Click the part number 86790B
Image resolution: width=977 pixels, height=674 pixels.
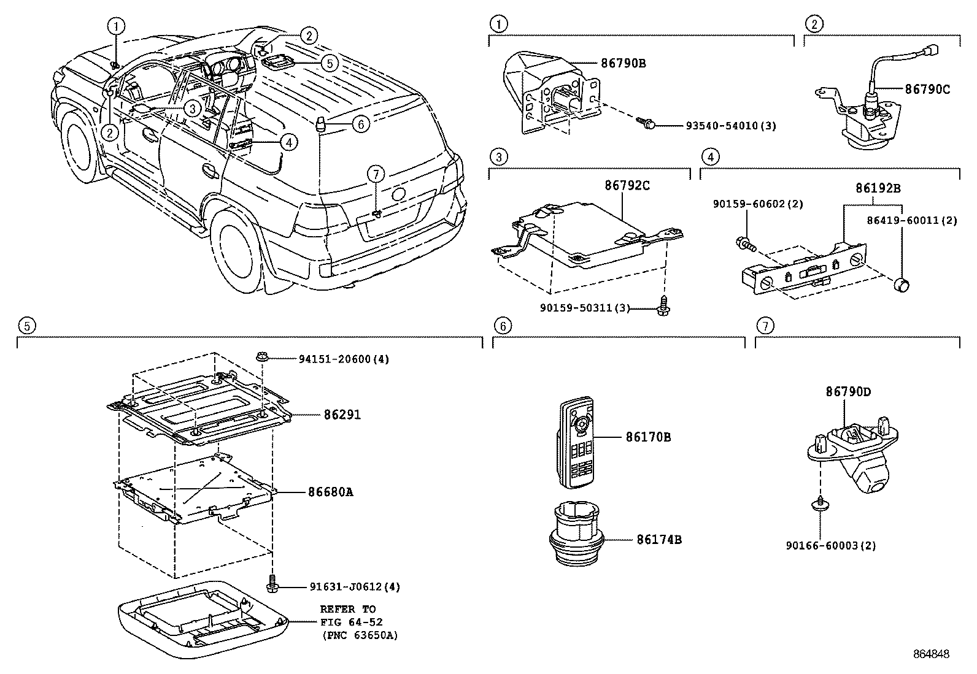pyautogui.click(x=623, y=63)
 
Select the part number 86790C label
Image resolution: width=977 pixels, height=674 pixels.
pyautogui.click(x=927, y=90)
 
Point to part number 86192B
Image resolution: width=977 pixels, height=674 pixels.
pyautogui.click(x=878, y=189)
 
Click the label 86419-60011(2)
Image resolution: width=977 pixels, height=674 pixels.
pyautogui.click(x=912, y=220)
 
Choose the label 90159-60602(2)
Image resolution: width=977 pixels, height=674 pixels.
pyautogui.click(x=758, y=204)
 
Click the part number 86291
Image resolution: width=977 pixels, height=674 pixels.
pyautogui.click(x=342, y=415)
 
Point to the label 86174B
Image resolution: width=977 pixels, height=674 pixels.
pyautogui.click(x=659, y=540)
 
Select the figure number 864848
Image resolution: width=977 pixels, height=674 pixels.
pyautogui.click(x=930, y=654)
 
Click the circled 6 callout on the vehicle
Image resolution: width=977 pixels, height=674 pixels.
pyautogui.click(x=361, y=124)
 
